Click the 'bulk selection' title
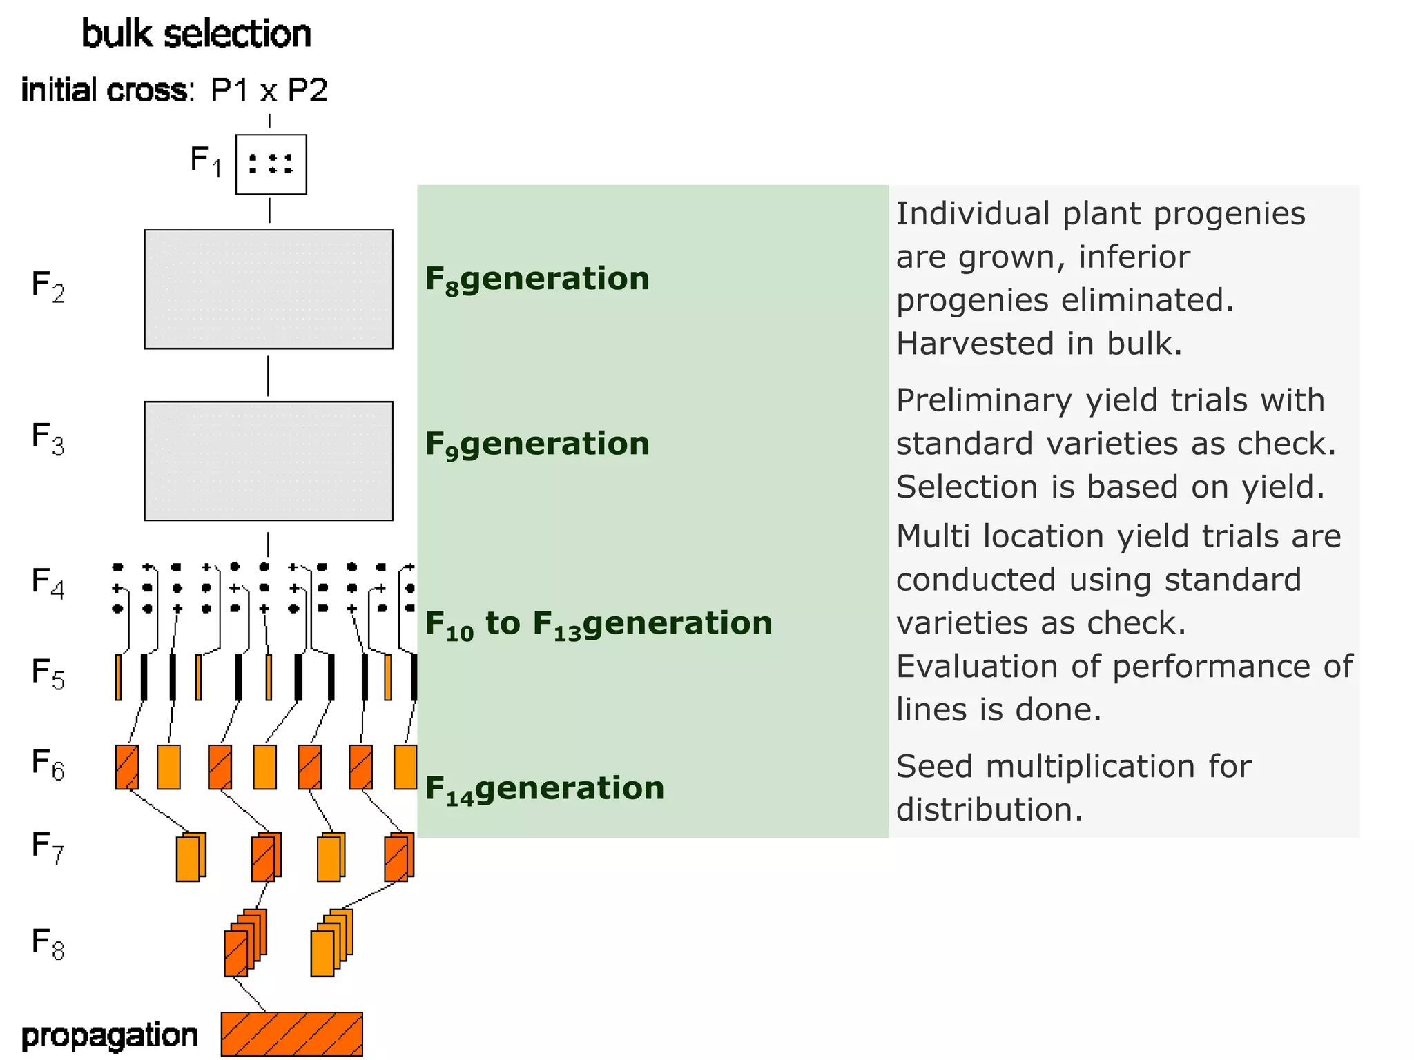click(196, 34)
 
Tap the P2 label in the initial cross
click(307, 90)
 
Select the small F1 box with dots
click(271, 164)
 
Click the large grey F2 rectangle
click(269, 289)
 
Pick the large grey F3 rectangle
click(269, 461)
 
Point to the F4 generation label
click(48, 582)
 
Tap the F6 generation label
click(48, 764)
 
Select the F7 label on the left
click(48, 847)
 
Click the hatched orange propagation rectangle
click(291, 1034)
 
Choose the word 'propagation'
click(109, 1035)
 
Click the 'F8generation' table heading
click(537, 279)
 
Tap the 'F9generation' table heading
click(537, 444)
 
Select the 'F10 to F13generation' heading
click(598, 624)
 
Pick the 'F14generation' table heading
click(544, 789)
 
